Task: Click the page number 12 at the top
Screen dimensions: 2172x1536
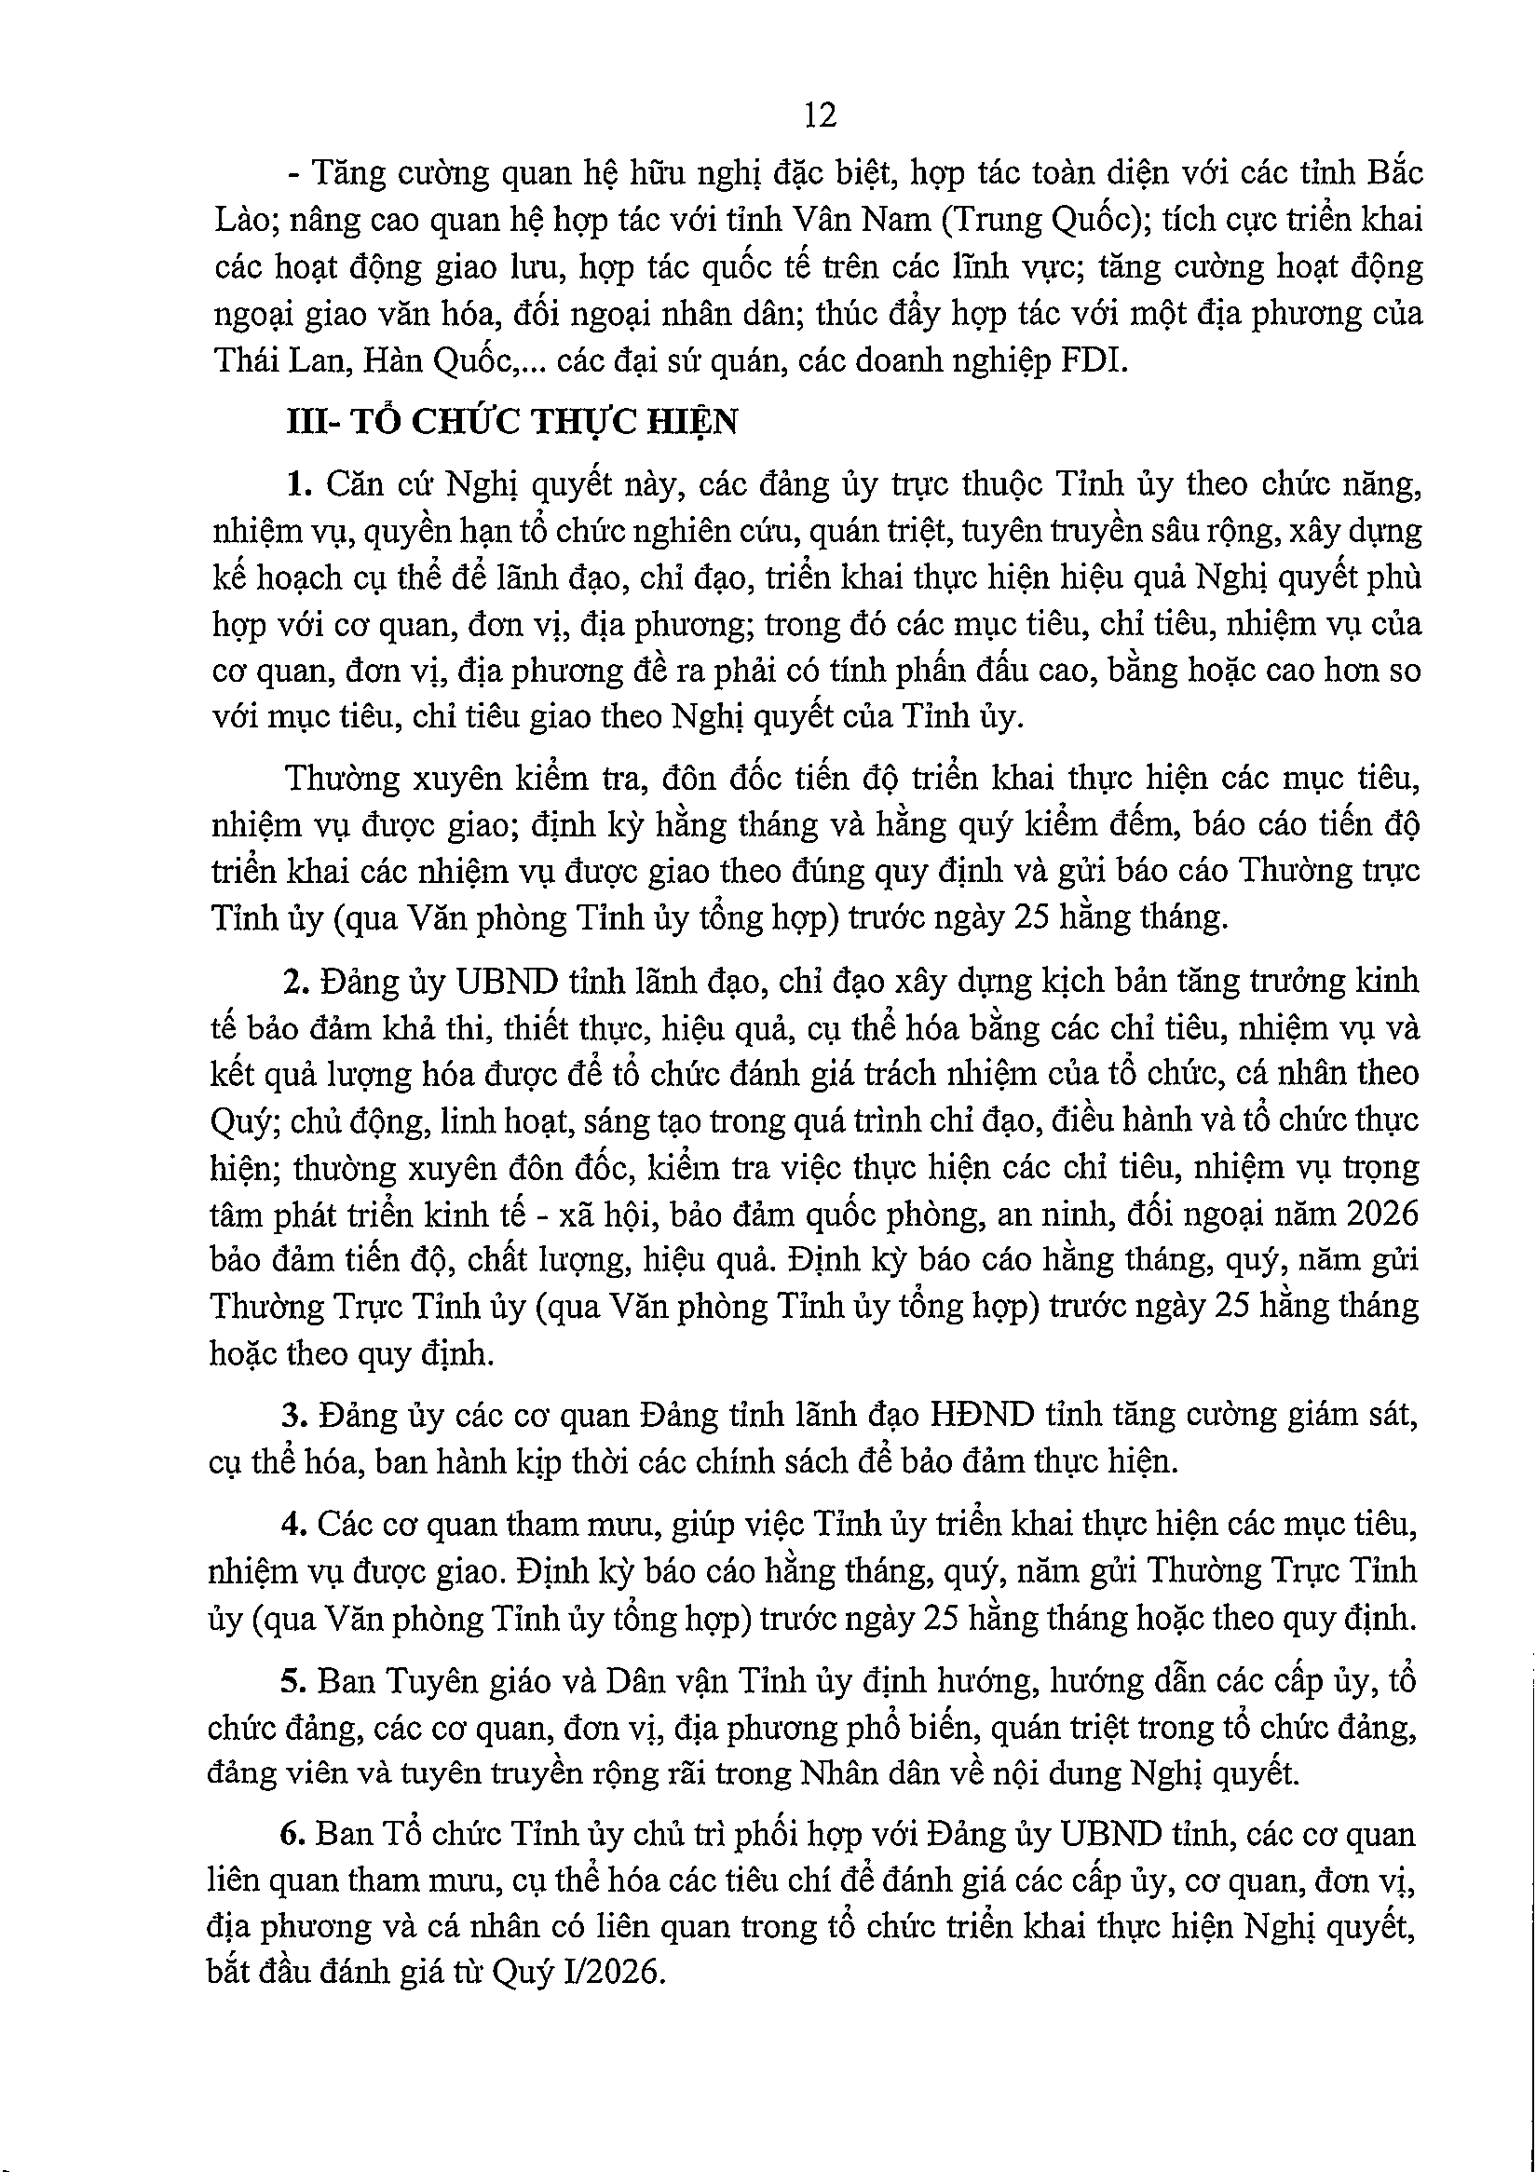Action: pos(819,115)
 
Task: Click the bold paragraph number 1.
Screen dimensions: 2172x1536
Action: pos(298,484)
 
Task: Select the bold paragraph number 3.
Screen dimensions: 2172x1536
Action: pos(292,1415)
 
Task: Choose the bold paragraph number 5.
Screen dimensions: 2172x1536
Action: pos(292,1681)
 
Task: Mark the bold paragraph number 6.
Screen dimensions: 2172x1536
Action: pos(292,1834)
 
